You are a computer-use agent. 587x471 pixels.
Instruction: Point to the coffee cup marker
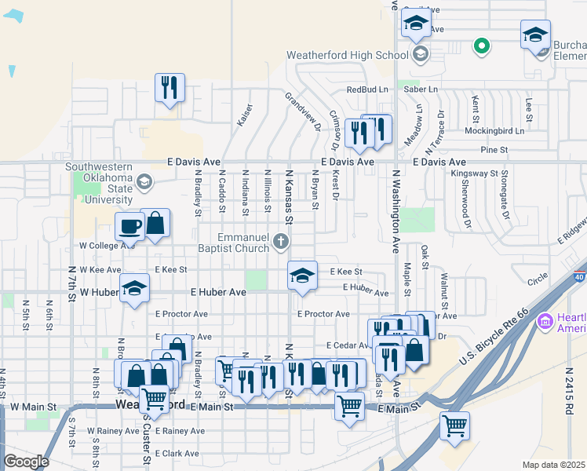click(x=130, y=227)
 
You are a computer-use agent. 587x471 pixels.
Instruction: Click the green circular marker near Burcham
click(x=481, y=46)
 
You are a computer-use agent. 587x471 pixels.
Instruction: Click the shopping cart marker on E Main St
click(x=349, y=406)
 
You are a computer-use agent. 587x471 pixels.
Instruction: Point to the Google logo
click(x=26, y=462)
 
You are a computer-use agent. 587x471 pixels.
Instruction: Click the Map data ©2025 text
click(x=553, y=465)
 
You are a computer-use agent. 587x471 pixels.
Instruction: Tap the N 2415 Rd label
click(x=571, y=392)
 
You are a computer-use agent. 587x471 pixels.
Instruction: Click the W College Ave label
click(x=107, y=245)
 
